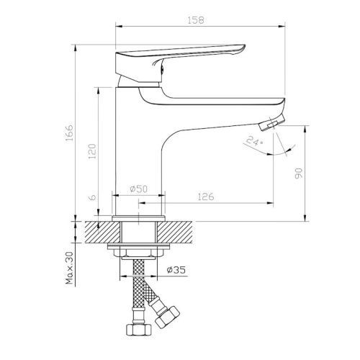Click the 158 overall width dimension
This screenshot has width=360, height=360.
click(196, 20)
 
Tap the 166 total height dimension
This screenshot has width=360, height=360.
click(69, 132)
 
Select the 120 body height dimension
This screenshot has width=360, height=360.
click(92, 151)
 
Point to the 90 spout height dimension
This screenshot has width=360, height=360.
click(299, 174)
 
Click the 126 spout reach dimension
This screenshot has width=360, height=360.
click(206, 197)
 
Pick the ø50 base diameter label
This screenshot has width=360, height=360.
click(139, 189)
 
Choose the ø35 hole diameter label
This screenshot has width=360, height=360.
click(176, 270)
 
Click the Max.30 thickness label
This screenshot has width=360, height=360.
click(69, 268)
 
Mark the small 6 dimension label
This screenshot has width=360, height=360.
click(92, 197)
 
